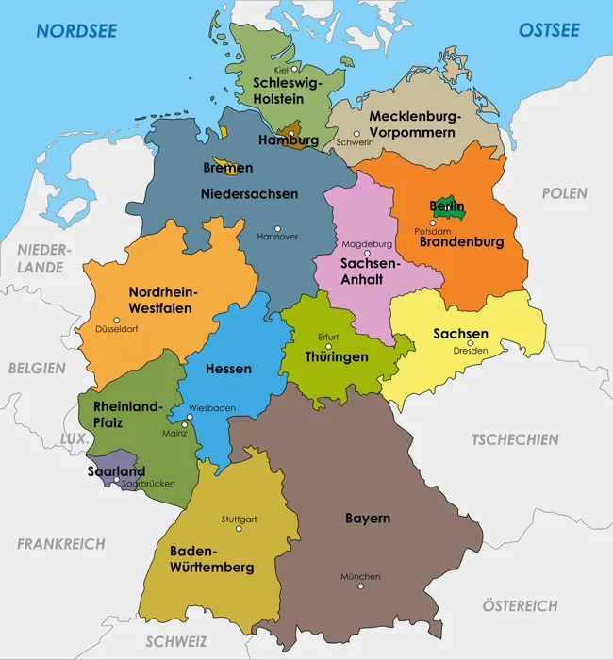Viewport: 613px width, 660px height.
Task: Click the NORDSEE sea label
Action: pos(76,31)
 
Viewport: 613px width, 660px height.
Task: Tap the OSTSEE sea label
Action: pos(549,31)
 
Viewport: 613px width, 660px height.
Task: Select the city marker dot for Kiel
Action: pos(294,69)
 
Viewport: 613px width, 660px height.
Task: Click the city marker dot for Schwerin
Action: pos(356,134)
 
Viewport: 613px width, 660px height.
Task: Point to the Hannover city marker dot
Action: pos(277,227)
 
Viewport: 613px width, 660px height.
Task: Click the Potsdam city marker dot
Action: pos(433,223)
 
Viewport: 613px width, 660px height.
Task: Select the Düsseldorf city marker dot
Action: pos(117,320)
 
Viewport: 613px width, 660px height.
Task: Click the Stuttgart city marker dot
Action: pos(239,529)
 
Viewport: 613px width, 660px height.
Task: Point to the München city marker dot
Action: pos(360,586)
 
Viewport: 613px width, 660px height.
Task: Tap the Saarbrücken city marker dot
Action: pos(117,480)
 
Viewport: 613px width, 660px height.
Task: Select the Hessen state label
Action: pos(228,369)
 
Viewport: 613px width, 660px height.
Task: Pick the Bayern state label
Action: pos(367,519)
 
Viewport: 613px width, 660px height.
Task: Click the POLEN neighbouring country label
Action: pos(564,193)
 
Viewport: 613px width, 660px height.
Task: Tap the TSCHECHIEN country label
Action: pos(515,439)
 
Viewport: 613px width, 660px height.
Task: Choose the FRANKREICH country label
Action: pos(61,544)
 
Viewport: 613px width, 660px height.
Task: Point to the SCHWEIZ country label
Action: pos(176,641)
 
